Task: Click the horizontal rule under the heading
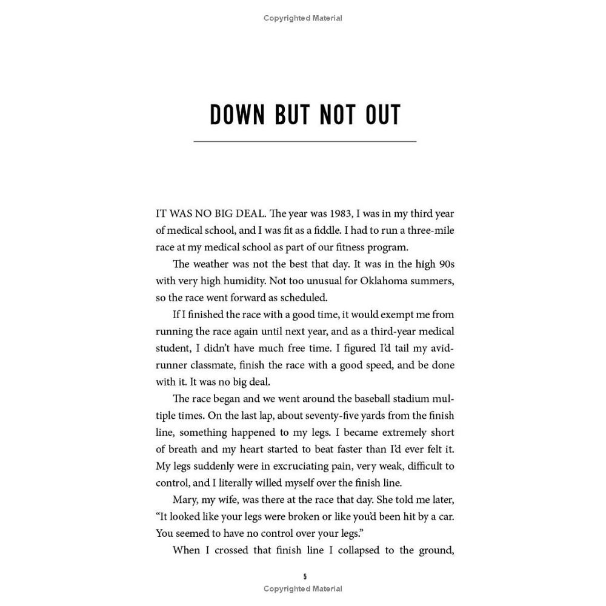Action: pyautogui.click(x=305, y=141)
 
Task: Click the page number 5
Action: pyautogui.click(x=305, y=576)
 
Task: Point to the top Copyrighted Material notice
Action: pyautogui.click(x=303, y=18)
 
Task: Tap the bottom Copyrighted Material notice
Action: pyautogui.click(x=303, y=588)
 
